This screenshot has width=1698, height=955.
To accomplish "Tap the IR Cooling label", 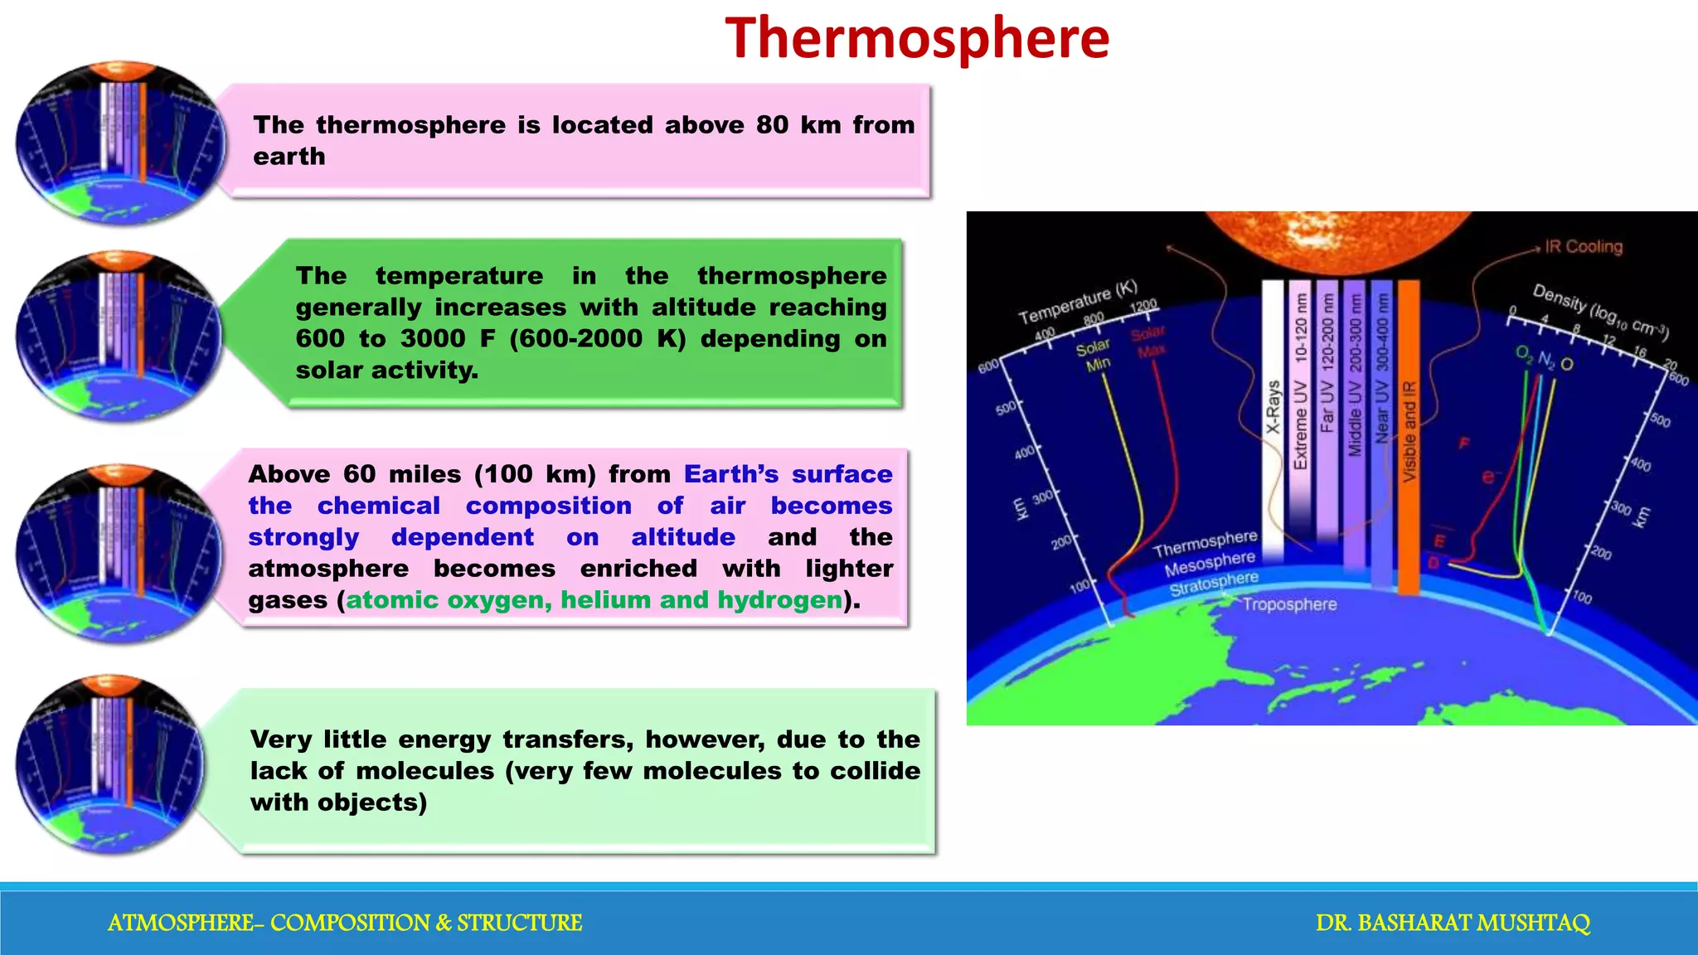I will click(1583, 247).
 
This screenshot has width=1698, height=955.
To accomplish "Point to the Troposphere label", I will click(1289, 604).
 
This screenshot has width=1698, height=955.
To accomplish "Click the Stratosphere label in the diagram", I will click(1214, 584).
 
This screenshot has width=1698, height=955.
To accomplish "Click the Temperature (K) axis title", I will click(1077, 303).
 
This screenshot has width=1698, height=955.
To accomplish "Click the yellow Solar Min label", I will click(1094, 356).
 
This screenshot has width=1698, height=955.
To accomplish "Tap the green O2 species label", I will click(1524, 354).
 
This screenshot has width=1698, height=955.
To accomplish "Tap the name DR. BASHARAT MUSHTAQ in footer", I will click(1453, 923).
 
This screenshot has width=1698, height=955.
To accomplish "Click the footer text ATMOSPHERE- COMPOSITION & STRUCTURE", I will click(345, 923).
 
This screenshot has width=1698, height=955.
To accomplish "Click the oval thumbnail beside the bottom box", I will click(109, 764).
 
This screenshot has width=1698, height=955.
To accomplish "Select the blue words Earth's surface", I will click(788, 474).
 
